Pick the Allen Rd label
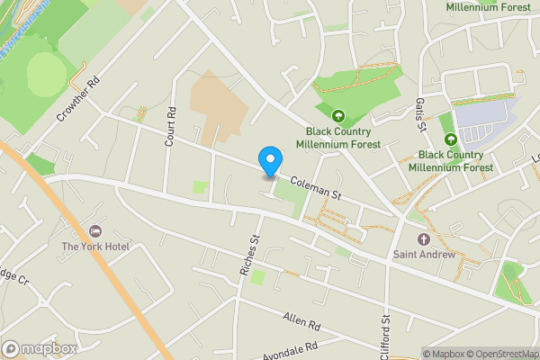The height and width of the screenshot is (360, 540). (x=301, y=320)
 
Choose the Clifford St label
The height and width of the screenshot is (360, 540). (x=385, y=336)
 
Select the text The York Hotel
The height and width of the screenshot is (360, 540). (x=95, y=247)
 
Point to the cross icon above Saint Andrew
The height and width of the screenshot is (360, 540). (x=424, y=238)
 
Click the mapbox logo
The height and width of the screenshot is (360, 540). (x=40, y=348)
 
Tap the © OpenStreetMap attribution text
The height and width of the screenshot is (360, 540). (x=499, y=354)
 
